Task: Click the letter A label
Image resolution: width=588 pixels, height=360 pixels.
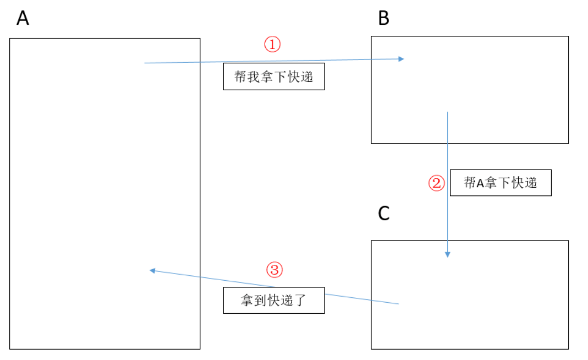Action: pyautogui.click(x=23, y=18)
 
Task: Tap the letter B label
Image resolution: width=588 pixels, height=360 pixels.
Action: pyautogui.click(x=384, y=18)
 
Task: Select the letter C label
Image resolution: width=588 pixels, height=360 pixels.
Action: pyautogui.click(x=384, y=213)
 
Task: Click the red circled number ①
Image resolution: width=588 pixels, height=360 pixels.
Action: pyautogui.click(x=272, y=45)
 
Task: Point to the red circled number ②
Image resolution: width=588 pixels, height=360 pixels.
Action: pyautogui.click(x=436, y=183)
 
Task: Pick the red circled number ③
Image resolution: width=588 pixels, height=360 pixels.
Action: pyautogui.click(x=274, y=269)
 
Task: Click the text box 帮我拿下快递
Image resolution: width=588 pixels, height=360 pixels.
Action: pyautogui.click(x=273, y=77)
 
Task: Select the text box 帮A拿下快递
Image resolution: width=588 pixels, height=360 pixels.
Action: pyautogui.click(x=500, y=183)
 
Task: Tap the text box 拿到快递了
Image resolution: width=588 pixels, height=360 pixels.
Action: pyautogui.click(x=273, y=301)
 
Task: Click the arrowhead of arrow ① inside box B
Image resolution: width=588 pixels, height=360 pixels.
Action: pyautogui.click(x=402, y=58)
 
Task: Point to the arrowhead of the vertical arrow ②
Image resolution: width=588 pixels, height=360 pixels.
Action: pyautogui.click(x=448, y=254)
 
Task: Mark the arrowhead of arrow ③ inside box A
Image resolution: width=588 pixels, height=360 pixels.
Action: pyautogui.click(x=152, y=270)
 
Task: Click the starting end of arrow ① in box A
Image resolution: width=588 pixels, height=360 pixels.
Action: pyautogui.click(x=145, y=63)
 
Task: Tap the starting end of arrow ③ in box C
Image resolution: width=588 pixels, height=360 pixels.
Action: pyautogui.click(x=398, y=303)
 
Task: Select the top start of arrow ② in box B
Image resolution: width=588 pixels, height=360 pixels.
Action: pyautogui.click(x=448, y=113)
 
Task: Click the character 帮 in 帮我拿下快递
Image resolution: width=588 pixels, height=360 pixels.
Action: pyautogui.click(x=240, y=77)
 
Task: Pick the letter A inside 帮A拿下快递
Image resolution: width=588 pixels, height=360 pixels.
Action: pyautogui.click(x=479, y=183)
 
